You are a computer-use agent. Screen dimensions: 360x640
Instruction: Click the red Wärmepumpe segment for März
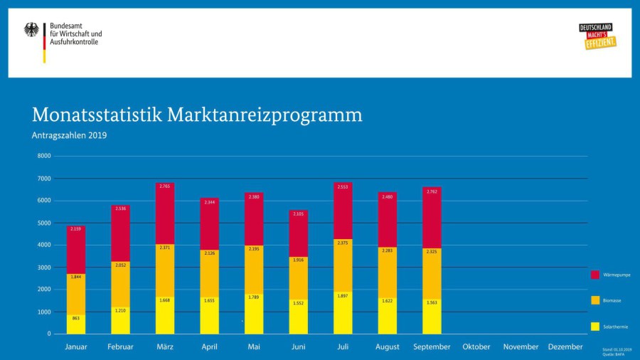(x=165, y=213)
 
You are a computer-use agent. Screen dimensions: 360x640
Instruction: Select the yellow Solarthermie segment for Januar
(x=76, y=324)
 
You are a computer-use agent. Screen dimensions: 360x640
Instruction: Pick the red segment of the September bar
(x=432, y=218)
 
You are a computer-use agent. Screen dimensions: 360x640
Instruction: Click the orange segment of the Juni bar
(x=299, y=278)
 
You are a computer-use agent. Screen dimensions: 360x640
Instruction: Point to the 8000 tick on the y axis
(x=44, y=156)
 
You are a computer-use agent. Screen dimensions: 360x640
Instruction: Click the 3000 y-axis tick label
(x=44, y=267)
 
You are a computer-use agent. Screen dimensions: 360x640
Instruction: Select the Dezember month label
(x=565, y=346)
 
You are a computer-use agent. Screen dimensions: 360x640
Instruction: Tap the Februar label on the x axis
(x=120, y=346)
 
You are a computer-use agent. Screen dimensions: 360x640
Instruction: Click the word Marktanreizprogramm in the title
(x=265, y=115)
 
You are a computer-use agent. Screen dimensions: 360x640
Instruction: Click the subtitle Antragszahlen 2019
(x=69, y=135)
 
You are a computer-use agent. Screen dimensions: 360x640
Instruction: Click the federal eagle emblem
(x=32, y=29)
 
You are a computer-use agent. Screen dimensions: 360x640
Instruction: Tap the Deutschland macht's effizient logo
(x=597, y=36)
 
